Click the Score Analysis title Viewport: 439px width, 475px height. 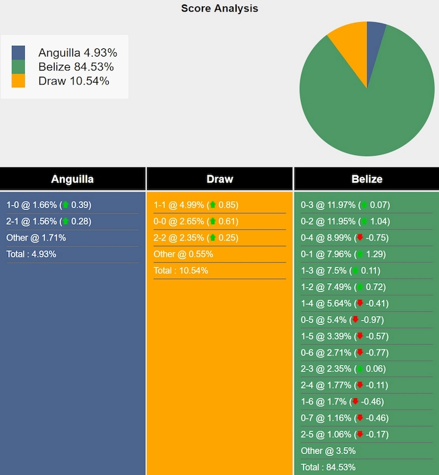click(219, 8)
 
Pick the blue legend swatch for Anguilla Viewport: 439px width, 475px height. click(18, 53)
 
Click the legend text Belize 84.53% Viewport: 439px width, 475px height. click(76, 67)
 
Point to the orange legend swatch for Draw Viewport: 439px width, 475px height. click(18, 81)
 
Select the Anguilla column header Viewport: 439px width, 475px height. click(73, 179)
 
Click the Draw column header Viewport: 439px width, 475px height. click(219, 179)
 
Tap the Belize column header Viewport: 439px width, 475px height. click(367, 179)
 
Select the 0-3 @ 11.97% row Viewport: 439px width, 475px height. click(345, 205)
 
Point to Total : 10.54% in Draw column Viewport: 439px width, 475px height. click(181, 271)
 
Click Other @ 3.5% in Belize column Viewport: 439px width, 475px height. click(328, 451)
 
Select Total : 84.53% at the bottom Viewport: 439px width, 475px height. click(328, 467)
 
